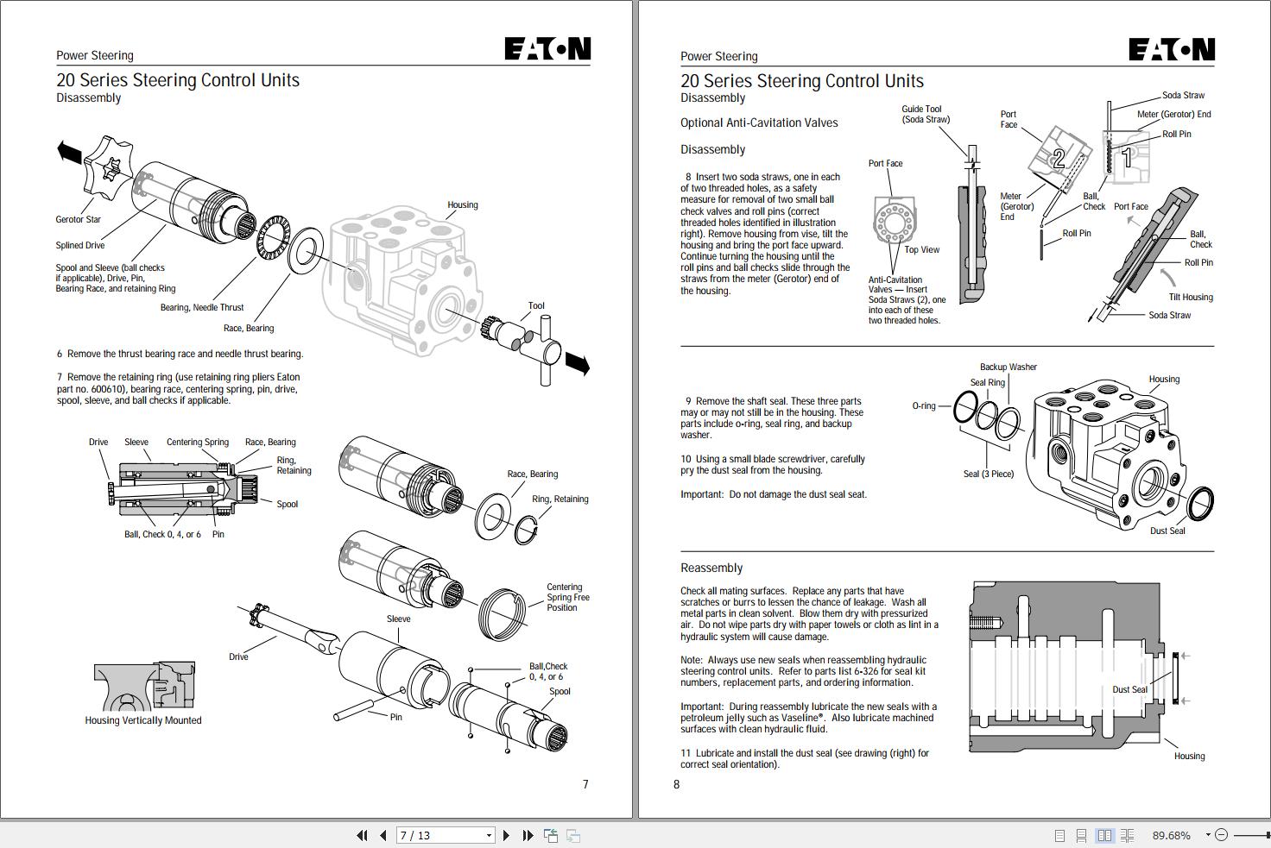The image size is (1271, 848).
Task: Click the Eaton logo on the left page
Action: [547, 49]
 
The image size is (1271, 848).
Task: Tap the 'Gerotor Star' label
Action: [79, 219]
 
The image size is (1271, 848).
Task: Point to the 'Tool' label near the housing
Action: [536, 305]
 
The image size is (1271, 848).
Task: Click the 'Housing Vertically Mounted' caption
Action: [143, 720]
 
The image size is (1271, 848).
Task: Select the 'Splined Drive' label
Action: [80, 245]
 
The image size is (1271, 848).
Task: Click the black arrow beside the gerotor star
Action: [69, 153]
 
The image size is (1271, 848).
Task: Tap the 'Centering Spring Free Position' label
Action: [567, 597]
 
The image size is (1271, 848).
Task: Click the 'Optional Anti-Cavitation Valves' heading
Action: [759, 122]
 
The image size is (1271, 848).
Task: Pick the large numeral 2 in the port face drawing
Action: [1059, 158]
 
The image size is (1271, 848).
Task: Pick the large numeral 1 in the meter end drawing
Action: [1126, 158]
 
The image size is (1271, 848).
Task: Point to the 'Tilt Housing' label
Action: [1190, 297]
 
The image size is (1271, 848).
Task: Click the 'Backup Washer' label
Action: [1008, 367]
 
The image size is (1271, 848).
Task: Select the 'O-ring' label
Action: [923, 405]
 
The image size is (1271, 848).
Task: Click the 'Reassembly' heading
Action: [711, 568]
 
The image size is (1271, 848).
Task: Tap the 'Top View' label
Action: [921, 249]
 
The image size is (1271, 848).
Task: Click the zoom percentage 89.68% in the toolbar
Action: [1171, 835]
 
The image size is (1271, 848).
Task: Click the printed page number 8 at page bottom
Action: [676, 784]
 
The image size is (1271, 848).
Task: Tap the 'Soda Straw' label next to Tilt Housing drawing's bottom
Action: [1169, 315]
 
